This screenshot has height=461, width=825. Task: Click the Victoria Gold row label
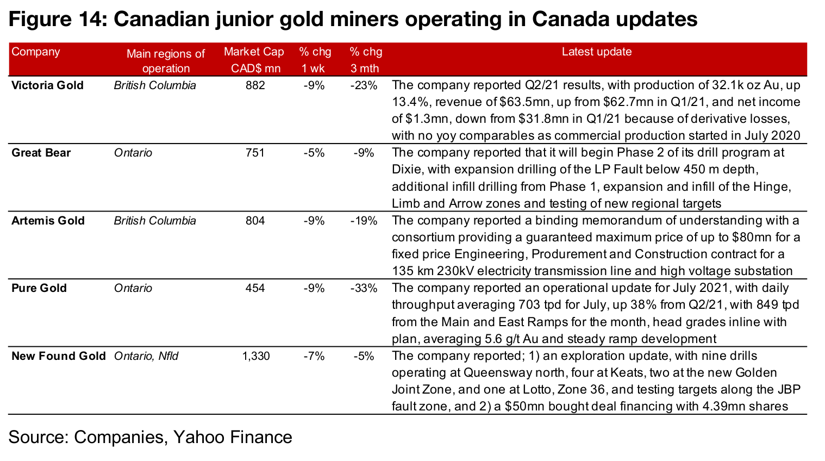pos(48,85)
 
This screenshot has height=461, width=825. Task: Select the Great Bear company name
pos(41,153)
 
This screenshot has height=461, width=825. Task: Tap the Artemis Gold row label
pos(48,221)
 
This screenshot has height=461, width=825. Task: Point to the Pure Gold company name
pos(39,288)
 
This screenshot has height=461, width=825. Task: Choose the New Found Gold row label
pos(59,356)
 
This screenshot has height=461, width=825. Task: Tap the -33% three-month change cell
pos(364,288)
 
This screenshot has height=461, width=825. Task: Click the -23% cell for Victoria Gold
pos(364,85)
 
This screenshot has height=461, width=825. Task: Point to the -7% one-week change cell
pos(314,356)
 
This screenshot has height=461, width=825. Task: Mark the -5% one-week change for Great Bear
pos(314,153)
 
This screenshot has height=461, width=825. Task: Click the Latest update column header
pos(596,52)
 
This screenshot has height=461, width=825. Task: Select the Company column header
pos(36,52)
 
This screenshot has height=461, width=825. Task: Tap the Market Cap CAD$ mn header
pos(254,60)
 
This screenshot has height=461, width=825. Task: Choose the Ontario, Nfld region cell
pos(146,356)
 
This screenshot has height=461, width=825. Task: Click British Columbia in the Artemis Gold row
pos(155,221)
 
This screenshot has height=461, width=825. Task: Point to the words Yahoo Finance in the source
pos(233,437)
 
